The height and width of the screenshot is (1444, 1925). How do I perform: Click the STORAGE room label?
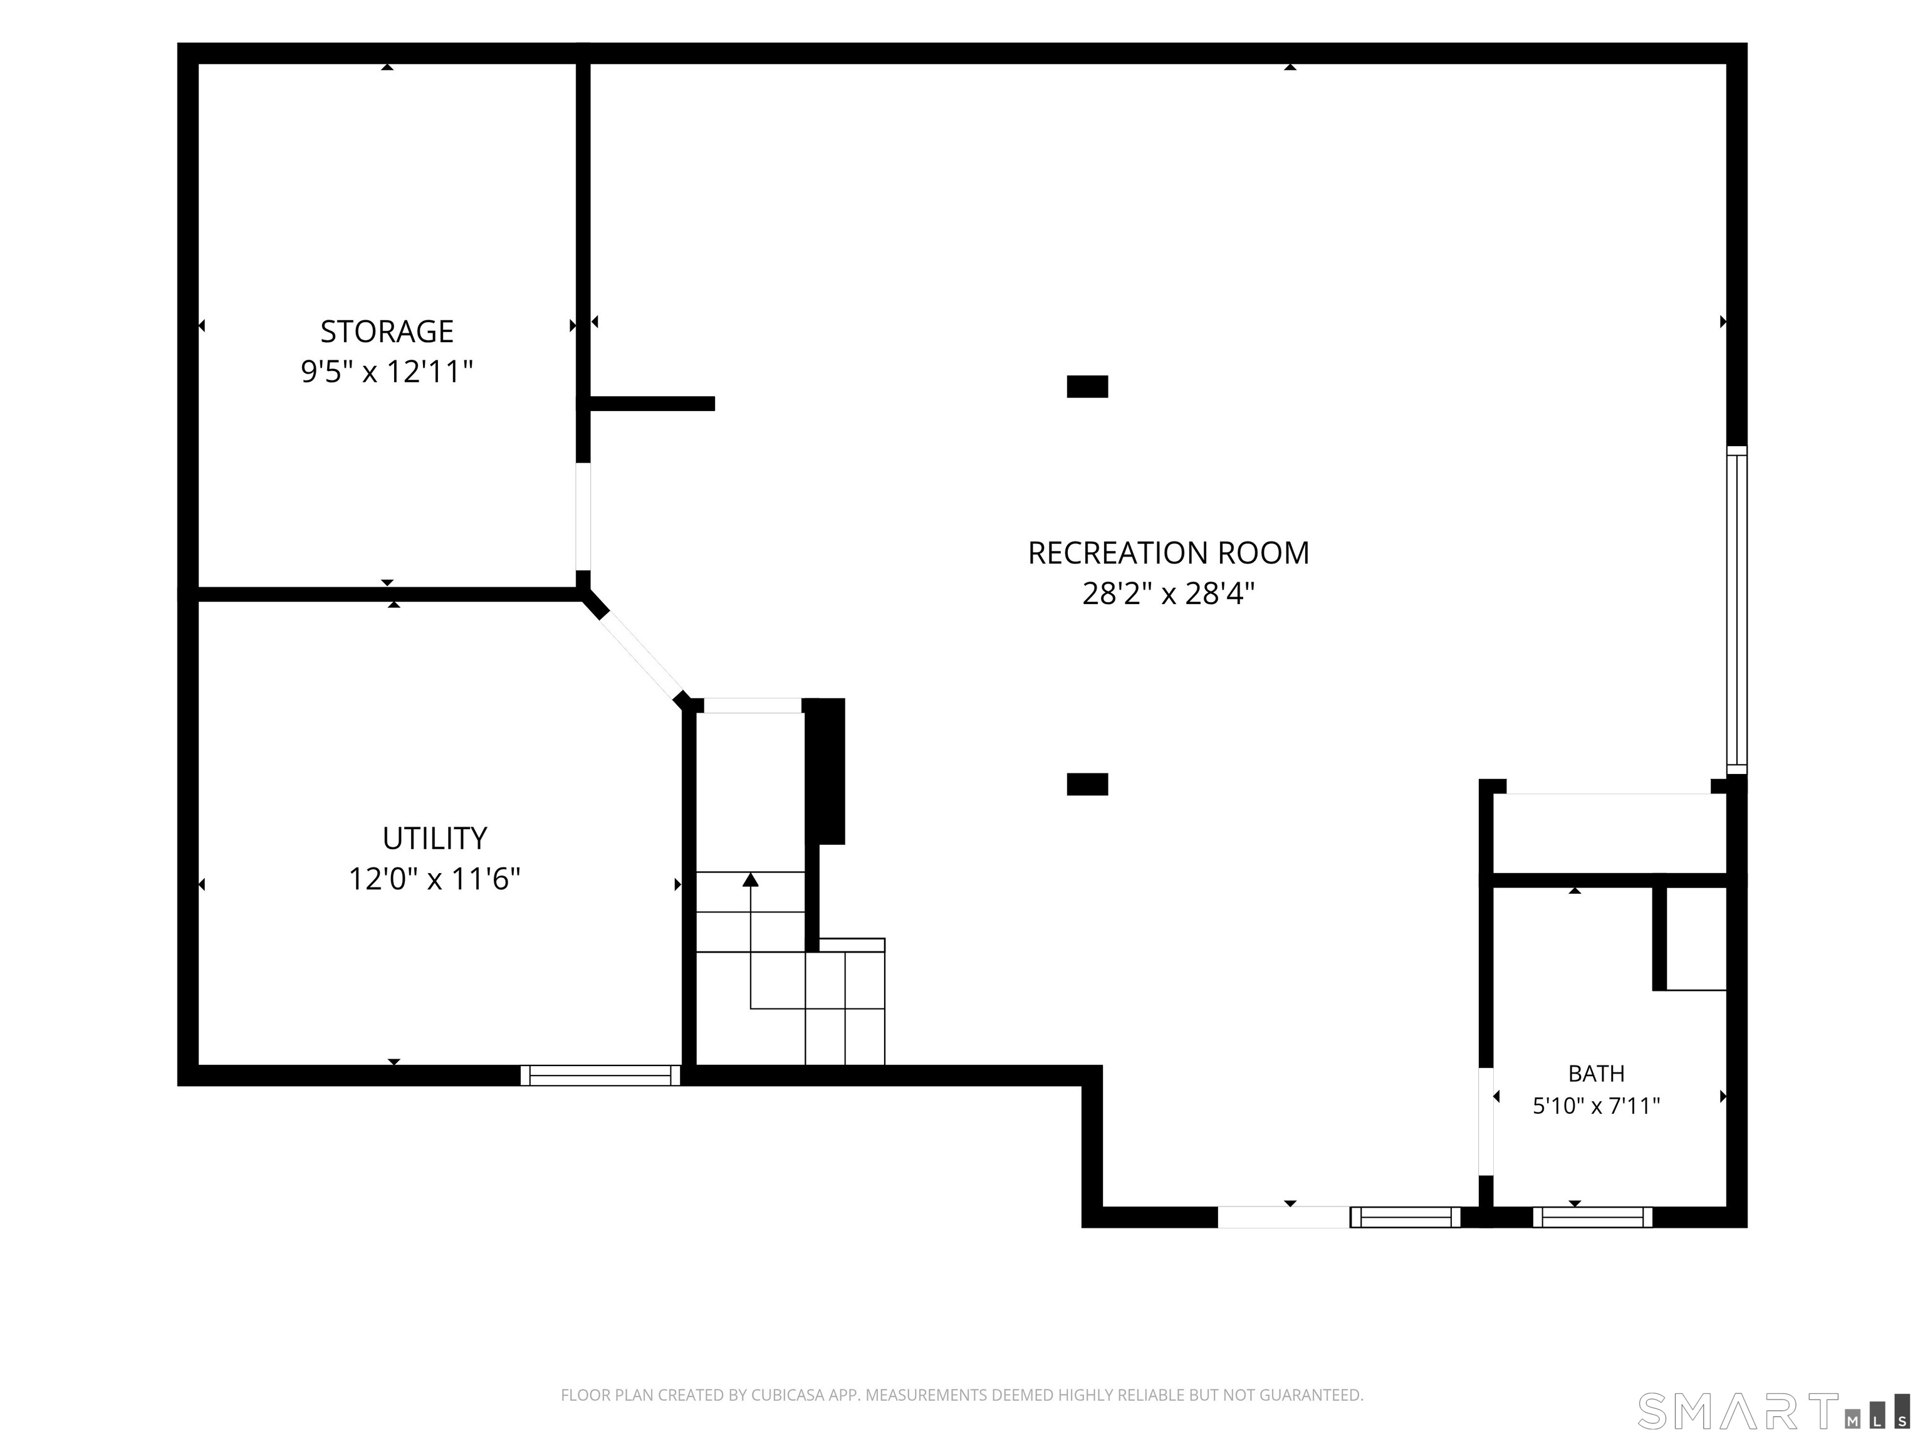point(387,332)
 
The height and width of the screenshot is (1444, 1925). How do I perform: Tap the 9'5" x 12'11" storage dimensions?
point(387,372)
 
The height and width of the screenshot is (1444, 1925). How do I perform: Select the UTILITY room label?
point(435,838)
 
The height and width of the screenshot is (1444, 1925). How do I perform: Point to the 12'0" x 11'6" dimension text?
point(435,879)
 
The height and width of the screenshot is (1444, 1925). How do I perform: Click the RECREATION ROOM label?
point(1169,553)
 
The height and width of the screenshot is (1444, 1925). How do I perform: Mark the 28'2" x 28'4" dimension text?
point(1169,594)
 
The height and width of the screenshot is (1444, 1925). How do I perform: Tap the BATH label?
point(1597,1073)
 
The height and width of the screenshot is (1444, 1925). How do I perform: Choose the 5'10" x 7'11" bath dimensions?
point(1597,1106)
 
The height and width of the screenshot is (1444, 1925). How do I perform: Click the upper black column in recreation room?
point(1088,387)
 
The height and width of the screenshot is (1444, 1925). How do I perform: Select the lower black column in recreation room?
point(1088,784)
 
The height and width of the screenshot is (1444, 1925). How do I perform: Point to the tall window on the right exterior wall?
point(1737,610)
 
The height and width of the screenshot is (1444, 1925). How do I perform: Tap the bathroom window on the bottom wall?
point(1592,1217)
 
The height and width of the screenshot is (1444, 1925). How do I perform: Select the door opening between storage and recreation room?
point(583,516)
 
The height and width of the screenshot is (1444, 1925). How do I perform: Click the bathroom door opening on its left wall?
point(1486,1121)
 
